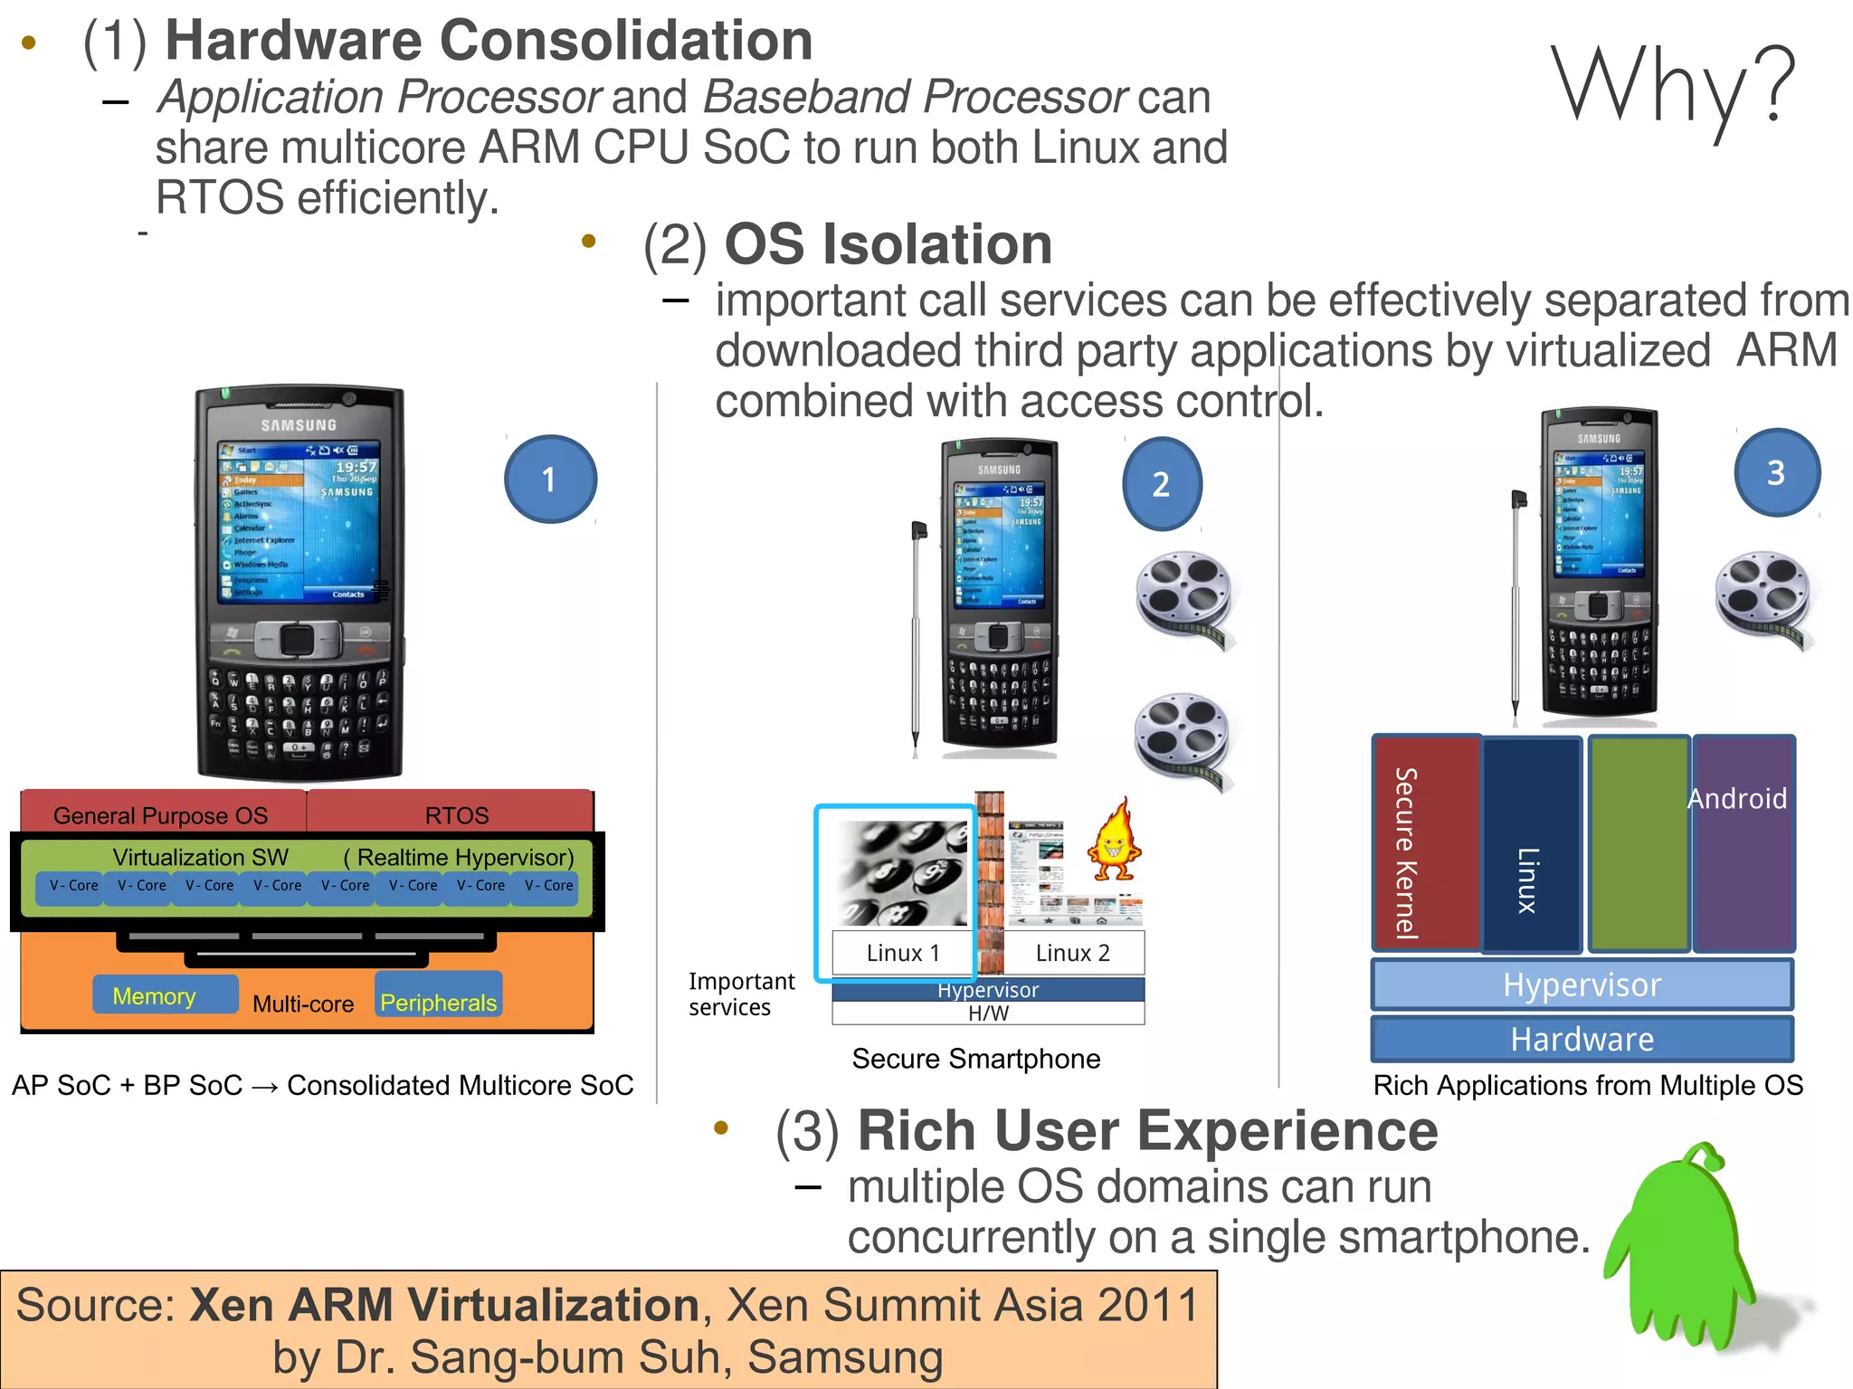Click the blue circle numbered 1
tap(550, 480)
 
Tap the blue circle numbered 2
tap(1162, 484)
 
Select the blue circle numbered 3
tap(1776, 472)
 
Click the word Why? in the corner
tap(1673, 86)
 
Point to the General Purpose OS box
tap(161, 813)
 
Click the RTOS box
tap(456, 813)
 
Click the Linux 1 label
tap(902, 953)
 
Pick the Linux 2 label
tap(1072, 953)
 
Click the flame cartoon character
tap(1115, 842)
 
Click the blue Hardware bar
tap(1582, 1039)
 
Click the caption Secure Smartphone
tap(975, 1059)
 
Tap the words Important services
tap(740, 994)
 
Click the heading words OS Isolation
tap(888, 245)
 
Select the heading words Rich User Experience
tap(1147, 1131)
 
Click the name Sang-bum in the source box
tap(515, 1357)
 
